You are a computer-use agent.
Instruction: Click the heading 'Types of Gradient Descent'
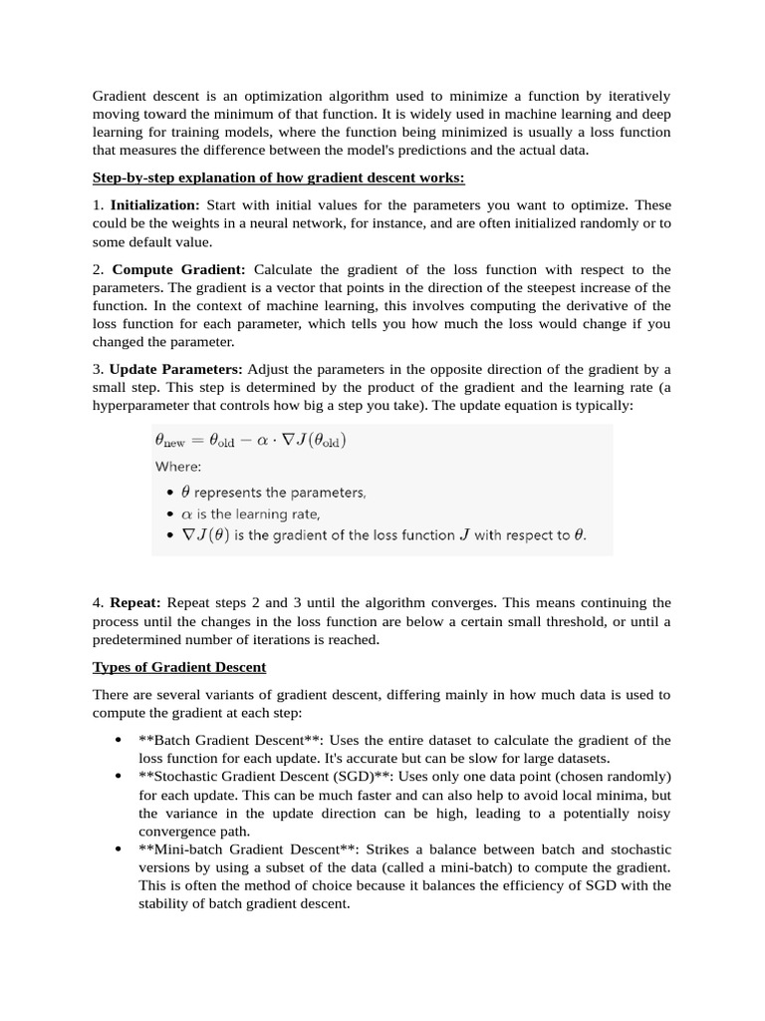pos(179,666)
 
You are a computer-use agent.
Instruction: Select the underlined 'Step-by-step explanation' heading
pos(279,177)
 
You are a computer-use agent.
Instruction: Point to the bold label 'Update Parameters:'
pos(175,370)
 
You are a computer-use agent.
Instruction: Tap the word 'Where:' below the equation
pos(178,466)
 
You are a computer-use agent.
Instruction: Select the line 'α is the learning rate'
pos(250,513)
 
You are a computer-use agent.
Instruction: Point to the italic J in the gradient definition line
pos(462,535)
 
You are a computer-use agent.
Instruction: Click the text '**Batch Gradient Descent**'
pos(230,740)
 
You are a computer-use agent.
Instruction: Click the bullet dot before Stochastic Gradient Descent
pos(119,776)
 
